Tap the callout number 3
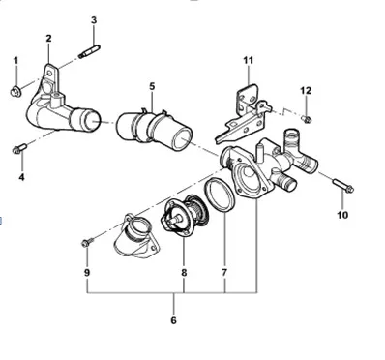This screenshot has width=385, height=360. click(94, 20)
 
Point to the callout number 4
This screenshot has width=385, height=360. click(22, 177)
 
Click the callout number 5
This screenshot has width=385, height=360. click(152, 86)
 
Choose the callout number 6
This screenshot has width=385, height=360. click(173, 320)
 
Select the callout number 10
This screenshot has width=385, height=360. click(341, 215)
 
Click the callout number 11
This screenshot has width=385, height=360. click(248, 61)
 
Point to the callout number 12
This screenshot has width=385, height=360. click(306, 90)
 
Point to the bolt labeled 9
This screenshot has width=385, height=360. click(87, 240)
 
